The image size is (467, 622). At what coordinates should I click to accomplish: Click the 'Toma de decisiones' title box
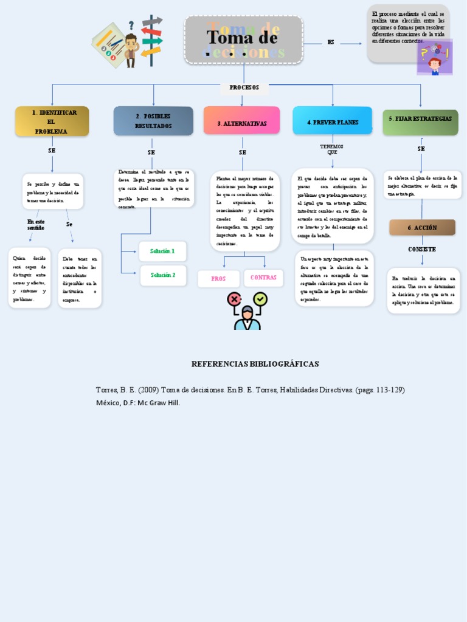pyautogui.click(x=243, y=40)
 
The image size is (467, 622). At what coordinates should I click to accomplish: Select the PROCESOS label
pyautogui.click(x=244, y=88)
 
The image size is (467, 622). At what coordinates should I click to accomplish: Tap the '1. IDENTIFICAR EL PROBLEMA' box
pyautogui.click(x=52, y=121)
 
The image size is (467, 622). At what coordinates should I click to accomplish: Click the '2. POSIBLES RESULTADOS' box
pyautogui.click(x=153, y=121)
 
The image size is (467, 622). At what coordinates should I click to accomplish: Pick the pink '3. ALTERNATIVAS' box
pyautogui.click(x=241, y=123)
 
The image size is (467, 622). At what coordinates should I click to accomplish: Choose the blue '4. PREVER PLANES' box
pyautogui.click(x=332, y=122)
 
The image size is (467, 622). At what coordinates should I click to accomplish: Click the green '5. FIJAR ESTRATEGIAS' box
pyautogui.click(x=420, y=119)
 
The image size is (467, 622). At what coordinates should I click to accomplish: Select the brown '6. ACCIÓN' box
pyautogui.click(x=422, y=228)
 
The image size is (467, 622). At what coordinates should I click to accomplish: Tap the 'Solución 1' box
pyautogui.click(x=162, y=251)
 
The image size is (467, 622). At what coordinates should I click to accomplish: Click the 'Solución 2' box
pyautogui.click(x=163, y=275)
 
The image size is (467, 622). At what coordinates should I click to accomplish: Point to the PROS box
pyautogui.click(x=218, y=279)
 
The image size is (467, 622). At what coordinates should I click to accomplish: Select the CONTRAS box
pyautogui.click(x=263, y=278)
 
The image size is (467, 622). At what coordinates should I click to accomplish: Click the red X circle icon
pyautogui.click(x=234, y=299)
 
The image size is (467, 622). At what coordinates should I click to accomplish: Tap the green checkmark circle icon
pyautogui.click(x=260, y=299)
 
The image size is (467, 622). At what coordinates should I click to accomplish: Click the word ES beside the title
pyautogui.click(x=331, y=43)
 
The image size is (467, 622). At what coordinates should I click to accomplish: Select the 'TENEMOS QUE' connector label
pyautogui.click(x=331, y=149)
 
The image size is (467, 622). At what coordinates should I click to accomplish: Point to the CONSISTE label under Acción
pyautogui.click(x=422, y=250)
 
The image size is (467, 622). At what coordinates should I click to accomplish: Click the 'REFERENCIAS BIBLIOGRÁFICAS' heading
pyautogui.click(x=255, y=364)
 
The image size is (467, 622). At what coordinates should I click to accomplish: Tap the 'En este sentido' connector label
pyautogui.click(x=36, y=225)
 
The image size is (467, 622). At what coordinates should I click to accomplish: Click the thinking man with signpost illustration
pyautogui.click(x=128, y=42)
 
